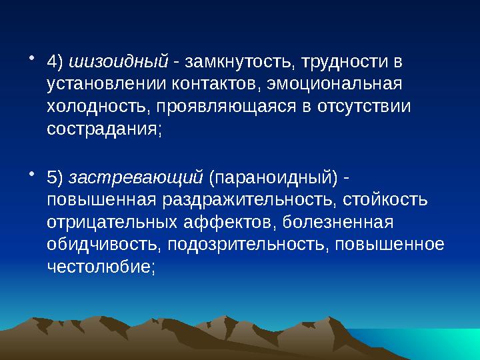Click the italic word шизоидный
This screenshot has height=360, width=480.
119,63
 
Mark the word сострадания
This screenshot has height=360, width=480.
103,129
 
